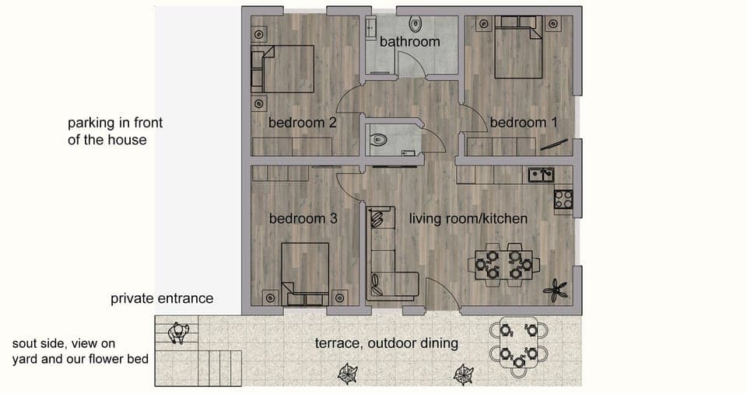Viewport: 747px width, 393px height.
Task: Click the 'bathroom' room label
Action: coord(409,42)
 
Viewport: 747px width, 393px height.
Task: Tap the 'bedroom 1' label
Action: coord(523,123)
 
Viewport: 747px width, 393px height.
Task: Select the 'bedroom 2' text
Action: coord(302,123)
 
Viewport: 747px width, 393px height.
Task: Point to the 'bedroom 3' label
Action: coord(303,219)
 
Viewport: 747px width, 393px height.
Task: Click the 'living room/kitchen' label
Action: coord(468,219)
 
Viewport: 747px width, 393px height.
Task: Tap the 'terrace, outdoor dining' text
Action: coord(386,343)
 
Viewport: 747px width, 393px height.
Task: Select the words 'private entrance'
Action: coord(161,298)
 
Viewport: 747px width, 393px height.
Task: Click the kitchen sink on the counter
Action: coord(541,175)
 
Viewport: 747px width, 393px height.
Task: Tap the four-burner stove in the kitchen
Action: coord(563,200)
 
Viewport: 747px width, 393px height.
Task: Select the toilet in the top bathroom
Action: coord(414,21)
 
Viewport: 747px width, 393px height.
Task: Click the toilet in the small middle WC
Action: coord(379,141)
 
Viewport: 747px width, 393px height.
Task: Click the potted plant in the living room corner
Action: coord(556,292)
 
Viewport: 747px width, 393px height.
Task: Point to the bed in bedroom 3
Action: coord(306,272)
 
